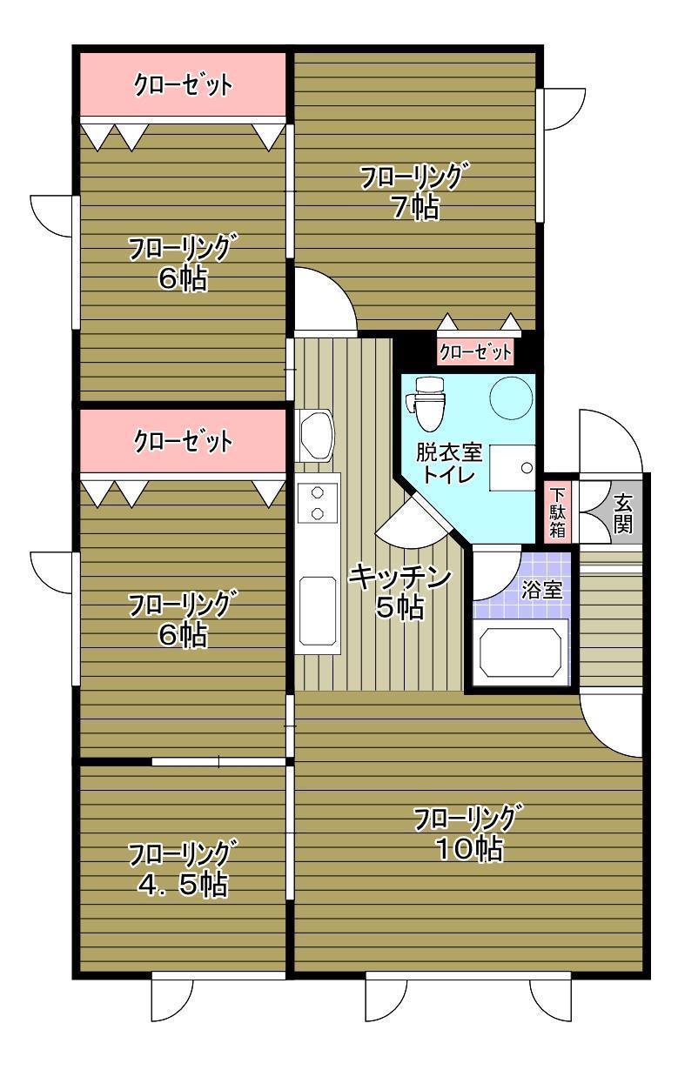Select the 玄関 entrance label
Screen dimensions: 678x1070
pyautogui.click(x=623, y=514)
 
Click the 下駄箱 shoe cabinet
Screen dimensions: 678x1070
pyautogui.click(x=558, y=512)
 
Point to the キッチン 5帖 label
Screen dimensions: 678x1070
pyautogui.click(x=399, y=592)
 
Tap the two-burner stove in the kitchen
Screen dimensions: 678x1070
pyautogui.click(x=318, y=504)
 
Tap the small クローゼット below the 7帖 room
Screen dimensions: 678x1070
pyautogui.click(x=475, y=352)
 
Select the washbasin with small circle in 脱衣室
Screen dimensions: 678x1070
pyautogui.click(x=512, y=467)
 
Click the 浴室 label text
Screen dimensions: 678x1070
pyautogui.click(x=541, y=591)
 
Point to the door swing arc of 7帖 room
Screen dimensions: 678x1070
pyautogui.click(x=326, y=299)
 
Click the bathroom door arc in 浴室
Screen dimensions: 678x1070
pyautogui.click(x=497, y=576)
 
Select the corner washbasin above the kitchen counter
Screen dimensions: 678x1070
pyautogui.click(x=315, y=435)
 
